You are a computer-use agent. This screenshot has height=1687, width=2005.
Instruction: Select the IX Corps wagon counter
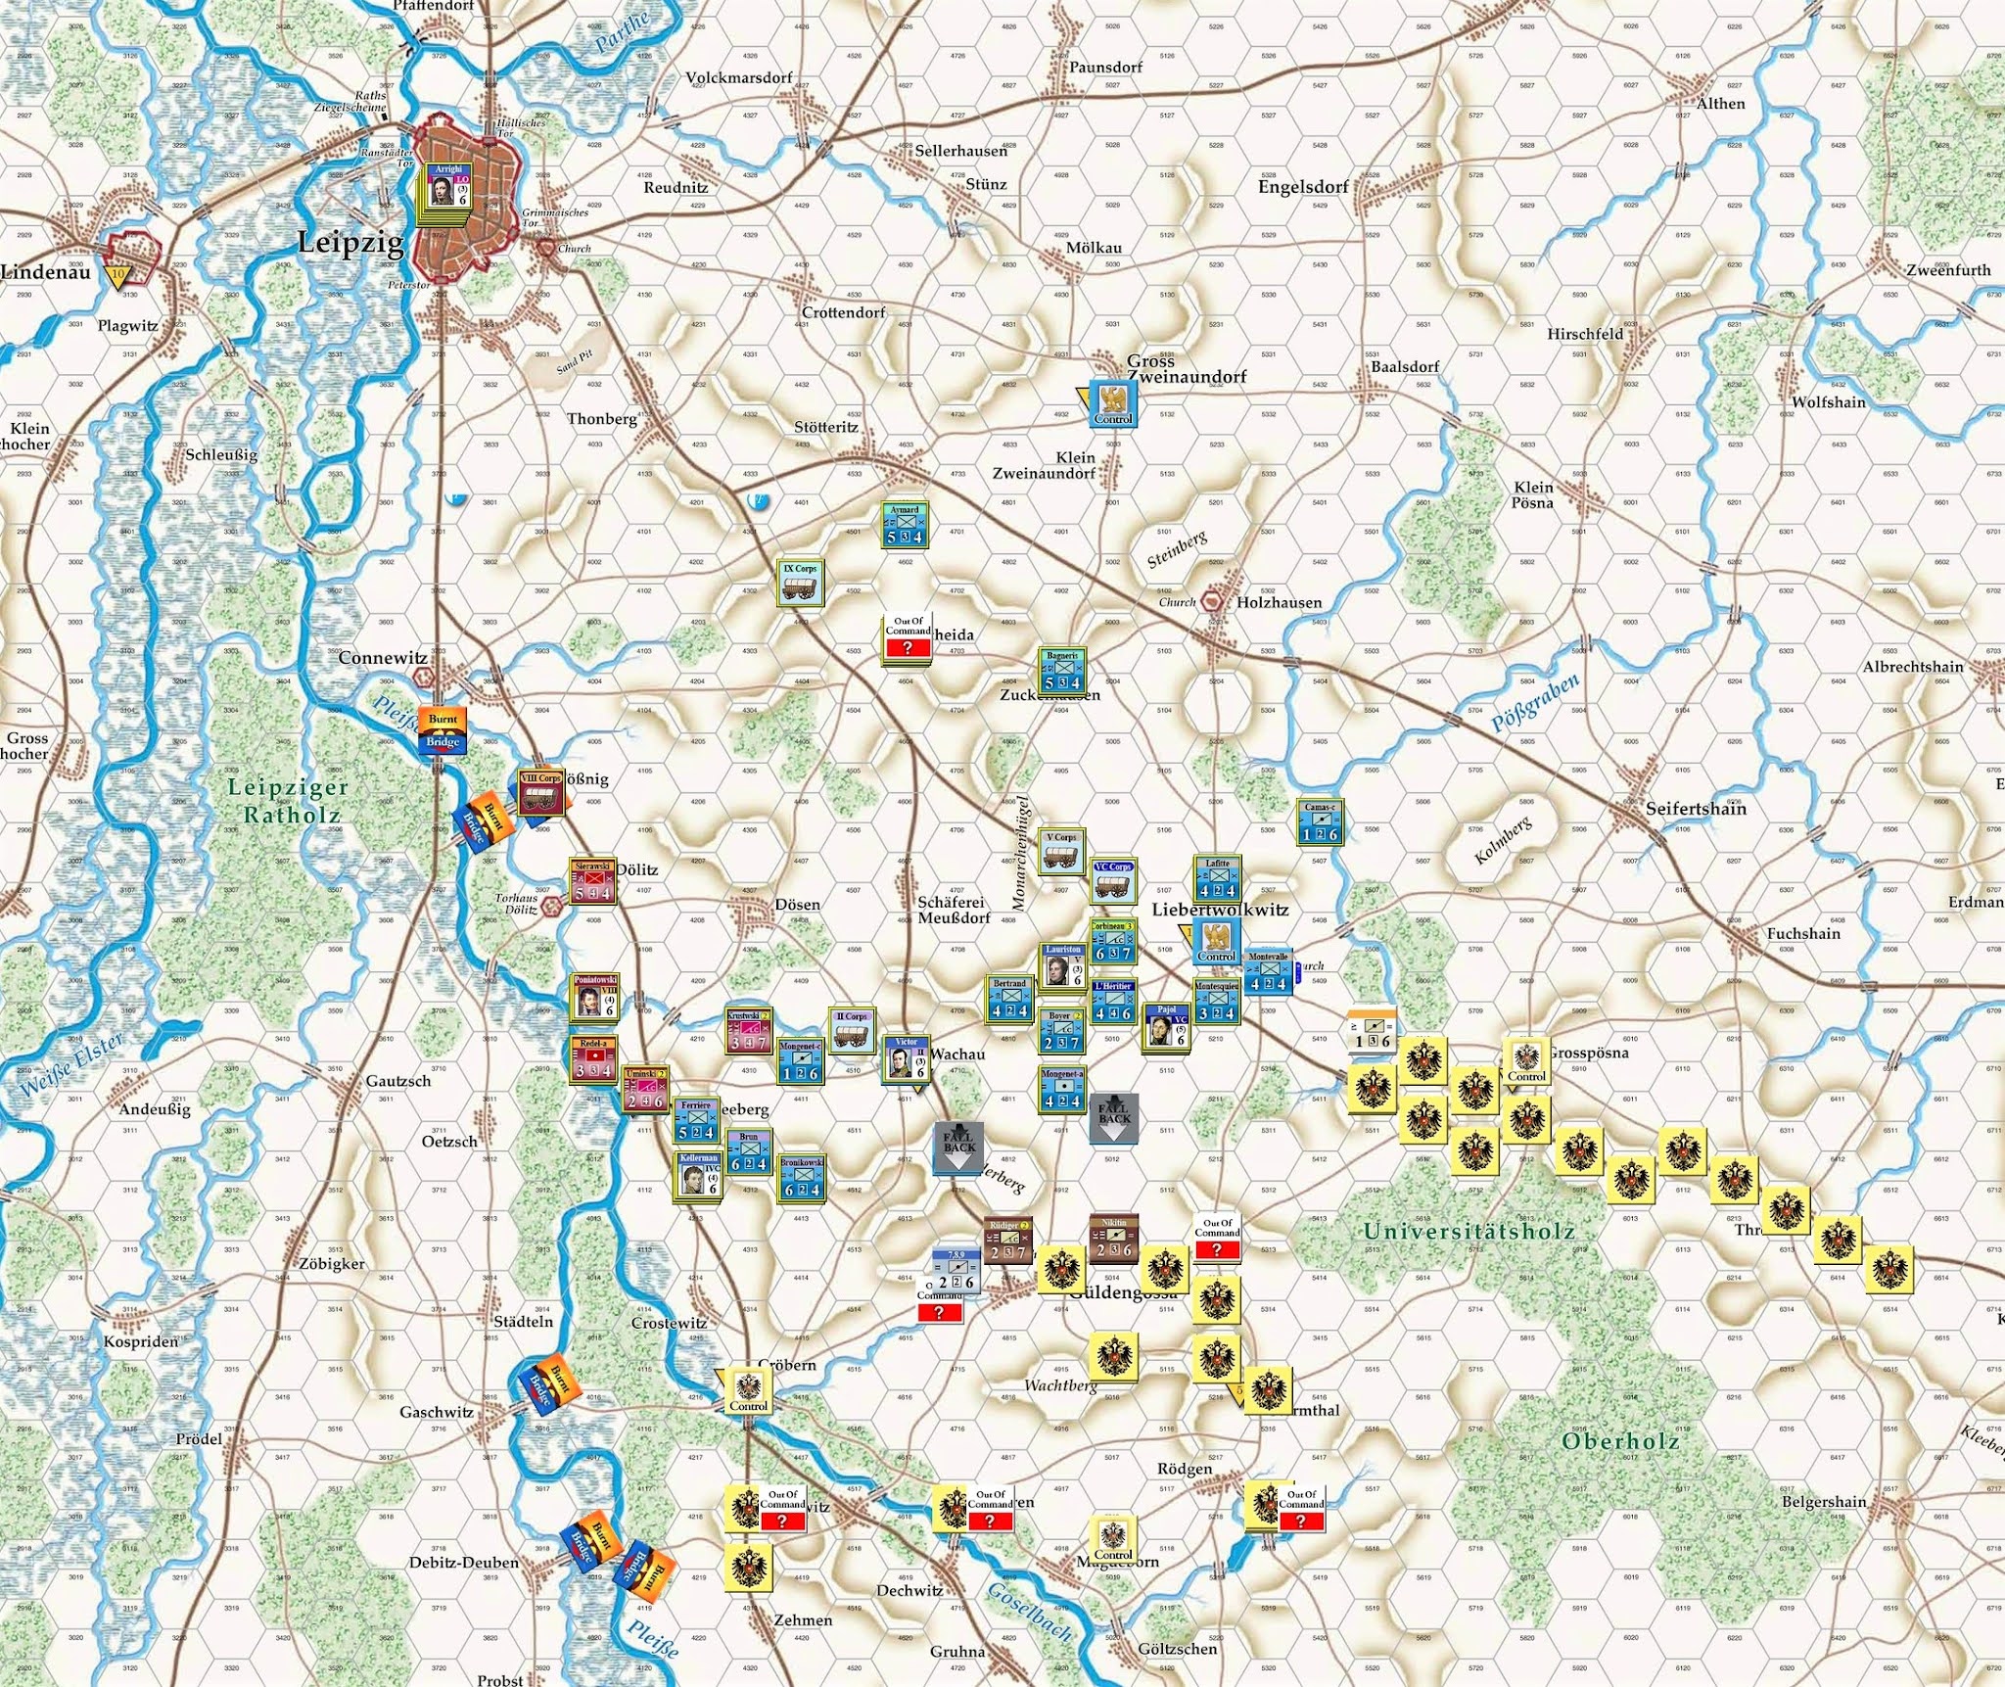coord(801,583)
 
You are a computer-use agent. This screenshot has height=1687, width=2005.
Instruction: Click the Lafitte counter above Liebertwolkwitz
coord(1217,879)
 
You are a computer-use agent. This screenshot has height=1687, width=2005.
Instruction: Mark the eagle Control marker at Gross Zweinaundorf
coord(1113,402)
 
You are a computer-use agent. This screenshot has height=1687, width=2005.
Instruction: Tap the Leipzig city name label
coord(350,241)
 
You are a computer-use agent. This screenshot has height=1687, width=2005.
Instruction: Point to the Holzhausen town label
coord(1279,603)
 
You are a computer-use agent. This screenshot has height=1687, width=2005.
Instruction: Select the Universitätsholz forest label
coord(1469,1231)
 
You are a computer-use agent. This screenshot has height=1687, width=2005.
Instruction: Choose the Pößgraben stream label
coord(1534,702)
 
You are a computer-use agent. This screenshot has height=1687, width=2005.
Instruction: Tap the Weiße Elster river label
coord(70,1073)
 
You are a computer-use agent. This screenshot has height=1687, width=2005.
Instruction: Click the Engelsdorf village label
coord(1303,186)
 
